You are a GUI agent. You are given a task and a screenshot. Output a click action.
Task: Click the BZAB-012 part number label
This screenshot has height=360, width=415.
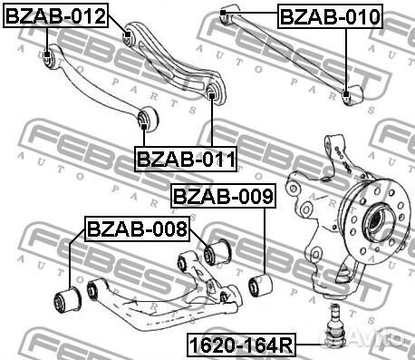click(x=56, y=16)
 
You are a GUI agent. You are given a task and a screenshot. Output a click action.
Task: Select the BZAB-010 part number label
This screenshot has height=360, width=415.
click(x=330, y=16)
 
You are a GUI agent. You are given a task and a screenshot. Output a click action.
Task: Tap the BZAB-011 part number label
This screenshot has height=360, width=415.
click(x=187, y=160)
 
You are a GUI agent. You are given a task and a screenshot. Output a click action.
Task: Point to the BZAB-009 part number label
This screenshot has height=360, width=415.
click(x=222, y=195)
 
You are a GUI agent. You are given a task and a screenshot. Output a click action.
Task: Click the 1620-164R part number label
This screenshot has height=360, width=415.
click(x=241, y=345)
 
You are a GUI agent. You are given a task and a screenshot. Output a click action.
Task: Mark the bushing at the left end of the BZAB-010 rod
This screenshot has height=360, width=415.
click(x=228, y=11)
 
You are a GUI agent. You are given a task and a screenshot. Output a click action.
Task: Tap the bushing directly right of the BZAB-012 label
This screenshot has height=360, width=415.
click(x=129, y=37)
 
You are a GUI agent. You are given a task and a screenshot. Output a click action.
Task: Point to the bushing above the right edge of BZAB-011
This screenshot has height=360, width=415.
click(x=213, y=92)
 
